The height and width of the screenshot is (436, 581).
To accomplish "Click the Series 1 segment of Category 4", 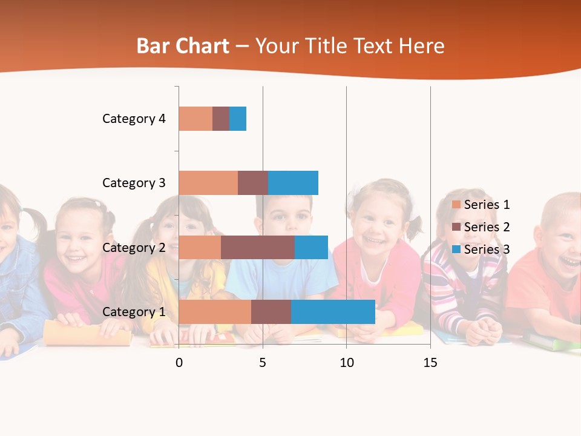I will tap(195, 119).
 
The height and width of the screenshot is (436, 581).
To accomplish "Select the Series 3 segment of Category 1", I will tap(333, 312).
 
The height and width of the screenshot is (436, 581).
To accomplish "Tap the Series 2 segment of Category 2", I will tap(258, 248).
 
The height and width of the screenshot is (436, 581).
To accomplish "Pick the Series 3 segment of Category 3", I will tap(293, 183).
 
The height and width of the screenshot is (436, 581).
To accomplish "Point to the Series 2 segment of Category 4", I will tap(221, 119).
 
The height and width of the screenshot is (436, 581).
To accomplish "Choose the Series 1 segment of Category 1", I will tap(215, 312).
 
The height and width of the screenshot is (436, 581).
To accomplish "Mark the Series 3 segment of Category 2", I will tap(311, 248).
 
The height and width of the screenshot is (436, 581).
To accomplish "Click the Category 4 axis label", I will tap(134, 119).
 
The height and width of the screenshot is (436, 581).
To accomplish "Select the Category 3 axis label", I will tap(134, 183).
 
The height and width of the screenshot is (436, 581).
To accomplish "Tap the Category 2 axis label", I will tap(134, 248).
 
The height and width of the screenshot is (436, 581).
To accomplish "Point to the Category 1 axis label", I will tap(134, 312).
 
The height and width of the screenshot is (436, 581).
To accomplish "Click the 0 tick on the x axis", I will tap(179, 363).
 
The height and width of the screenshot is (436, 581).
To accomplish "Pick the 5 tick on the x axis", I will tap(263, 363).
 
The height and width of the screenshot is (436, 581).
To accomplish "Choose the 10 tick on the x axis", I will tap(346, 363).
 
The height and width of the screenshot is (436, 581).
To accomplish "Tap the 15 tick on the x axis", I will tap(430, 363).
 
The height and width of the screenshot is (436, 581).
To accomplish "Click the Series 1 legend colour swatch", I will tap(456, 205).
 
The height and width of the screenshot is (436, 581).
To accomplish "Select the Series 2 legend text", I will tap(487, 227).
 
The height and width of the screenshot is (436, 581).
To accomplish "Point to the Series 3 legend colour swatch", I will tap(456, 249).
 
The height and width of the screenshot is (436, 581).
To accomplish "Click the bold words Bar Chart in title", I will tap(183, 46).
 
